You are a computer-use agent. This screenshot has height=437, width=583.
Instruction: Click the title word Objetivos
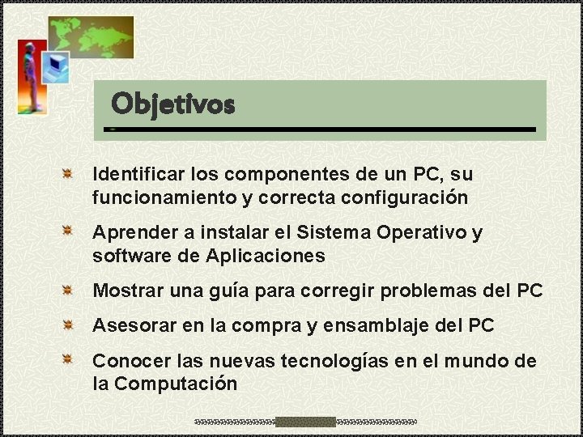point(172,104)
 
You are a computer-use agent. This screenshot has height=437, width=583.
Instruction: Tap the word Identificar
point(138,174)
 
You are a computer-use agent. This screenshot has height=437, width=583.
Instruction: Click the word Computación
point(176,384)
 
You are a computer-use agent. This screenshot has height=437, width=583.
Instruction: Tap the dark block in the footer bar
point(305,422)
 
